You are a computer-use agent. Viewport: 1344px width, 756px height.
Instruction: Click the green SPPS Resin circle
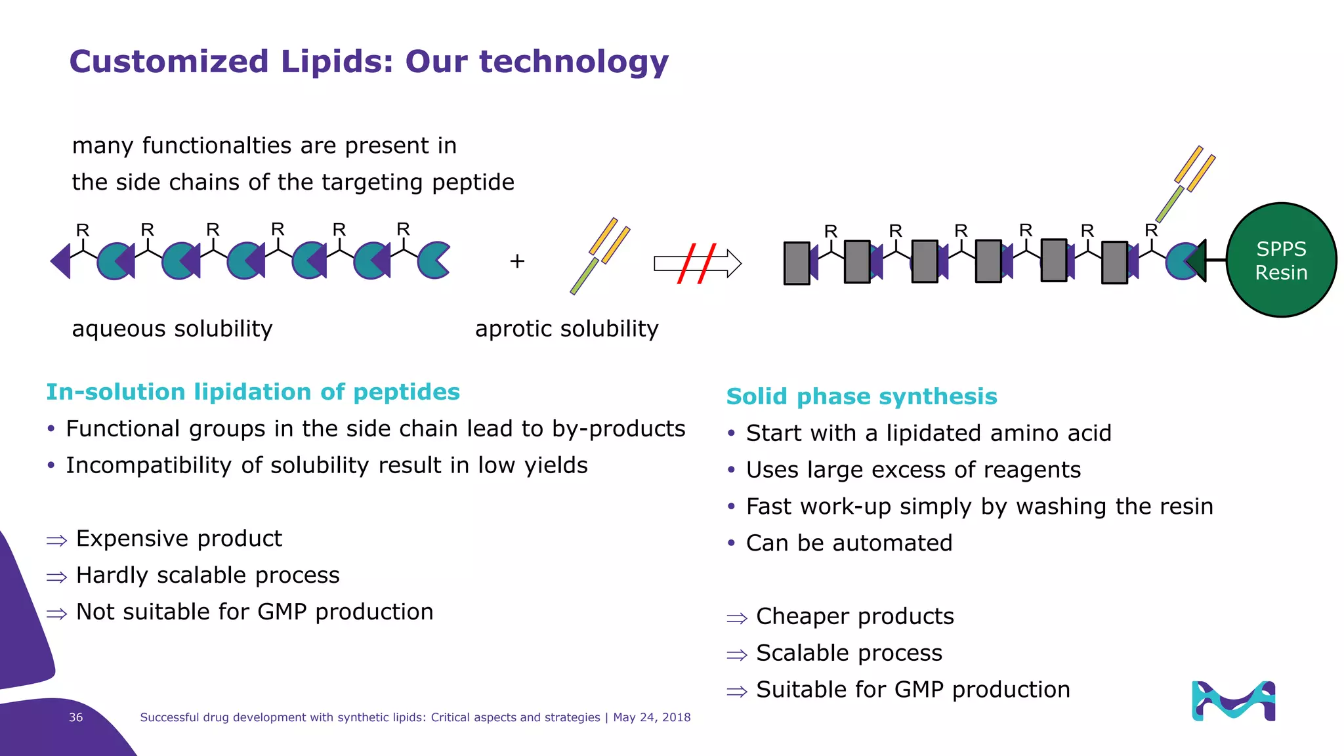[1281, 260]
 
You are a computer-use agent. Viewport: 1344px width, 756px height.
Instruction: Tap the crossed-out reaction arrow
[697, 263]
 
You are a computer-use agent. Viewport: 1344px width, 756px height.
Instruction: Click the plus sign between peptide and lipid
[517, 261]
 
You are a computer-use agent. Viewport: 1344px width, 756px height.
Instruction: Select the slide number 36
[76, 717]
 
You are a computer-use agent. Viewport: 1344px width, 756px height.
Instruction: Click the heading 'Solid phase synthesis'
[861, 396]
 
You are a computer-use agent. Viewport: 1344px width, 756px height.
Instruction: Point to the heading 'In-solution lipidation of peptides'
[253, 392]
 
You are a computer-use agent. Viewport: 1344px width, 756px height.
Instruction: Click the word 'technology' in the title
[574, 62]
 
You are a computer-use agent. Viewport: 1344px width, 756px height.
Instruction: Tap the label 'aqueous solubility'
[172, 328]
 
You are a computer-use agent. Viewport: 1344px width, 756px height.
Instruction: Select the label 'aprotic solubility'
[566, 328]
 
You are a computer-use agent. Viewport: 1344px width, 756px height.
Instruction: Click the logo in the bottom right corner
[1233, 701]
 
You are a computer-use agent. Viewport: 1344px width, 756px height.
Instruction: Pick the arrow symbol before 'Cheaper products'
[737, 618]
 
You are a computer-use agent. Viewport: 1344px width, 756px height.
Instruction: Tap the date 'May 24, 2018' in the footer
[652, 717]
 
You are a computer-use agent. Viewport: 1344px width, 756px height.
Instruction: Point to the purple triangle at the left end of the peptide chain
[61, 261]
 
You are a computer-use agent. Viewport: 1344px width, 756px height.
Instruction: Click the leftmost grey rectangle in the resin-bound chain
[797, 263]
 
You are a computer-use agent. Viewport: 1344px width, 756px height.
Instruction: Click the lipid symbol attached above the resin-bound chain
[1185, 184]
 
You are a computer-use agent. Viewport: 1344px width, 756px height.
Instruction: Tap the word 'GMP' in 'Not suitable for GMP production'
[282, 612]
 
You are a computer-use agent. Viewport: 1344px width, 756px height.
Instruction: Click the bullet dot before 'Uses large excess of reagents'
[731, 470]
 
